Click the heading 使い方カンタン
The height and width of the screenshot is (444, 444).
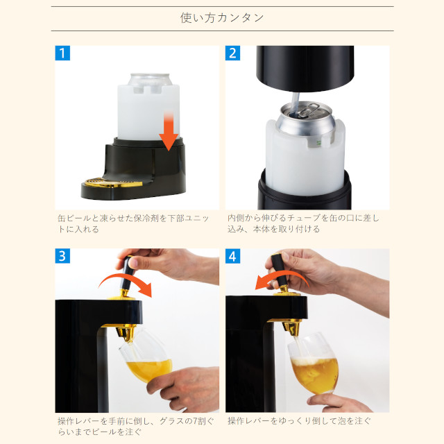point(222,18)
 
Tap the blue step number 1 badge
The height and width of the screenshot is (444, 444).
point(62,53)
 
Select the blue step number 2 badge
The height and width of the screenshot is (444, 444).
point(232,53)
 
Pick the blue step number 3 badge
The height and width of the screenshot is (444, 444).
point(62,256)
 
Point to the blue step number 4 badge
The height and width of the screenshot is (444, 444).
point(232,256)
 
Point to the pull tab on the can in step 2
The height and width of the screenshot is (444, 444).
point(307,110)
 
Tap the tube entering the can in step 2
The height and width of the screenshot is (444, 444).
point(295,103)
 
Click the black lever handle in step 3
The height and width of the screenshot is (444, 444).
point(127,273)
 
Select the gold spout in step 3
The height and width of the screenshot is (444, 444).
point(125,332)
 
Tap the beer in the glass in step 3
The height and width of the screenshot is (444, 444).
point(149,370)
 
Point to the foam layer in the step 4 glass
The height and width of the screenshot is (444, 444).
point(314,361)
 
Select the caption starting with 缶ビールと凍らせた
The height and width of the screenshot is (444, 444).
point(133,223)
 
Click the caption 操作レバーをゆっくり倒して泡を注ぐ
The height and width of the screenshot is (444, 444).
point(299,421)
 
